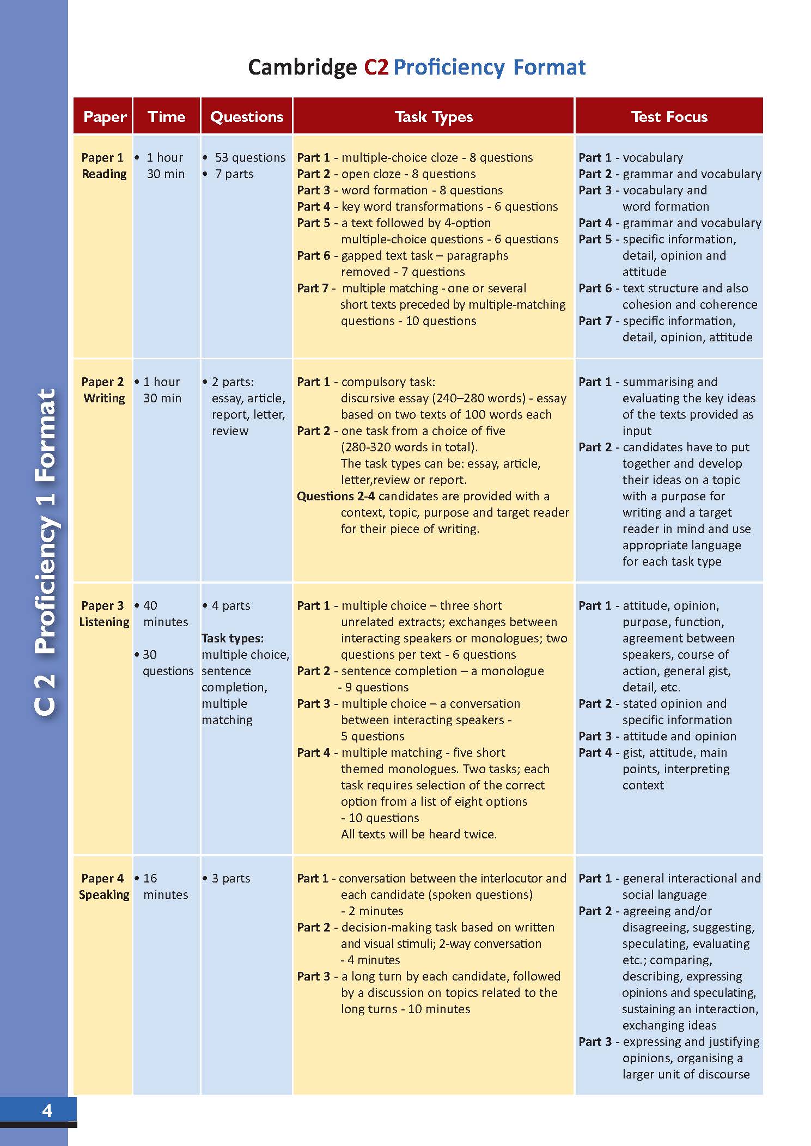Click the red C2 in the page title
tap(376, 68)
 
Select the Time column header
tap(166, 117)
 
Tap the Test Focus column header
tap(669, 117)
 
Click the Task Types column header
tap(434, 117)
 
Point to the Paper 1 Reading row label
tap(103, 166)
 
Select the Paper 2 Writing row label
tap(103, 390)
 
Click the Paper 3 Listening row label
tap(103, 614)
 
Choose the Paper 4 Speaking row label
tap(103, 886)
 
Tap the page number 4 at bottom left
tap(47, 1110)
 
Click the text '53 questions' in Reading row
tap(249, 157)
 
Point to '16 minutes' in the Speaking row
tap(164, 886)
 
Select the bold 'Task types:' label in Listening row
tap(233, 638)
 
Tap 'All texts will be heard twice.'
tap(418, 834)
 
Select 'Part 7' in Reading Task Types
tap(313, 288)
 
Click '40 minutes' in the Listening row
tap(164, 614)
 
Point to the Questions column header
tap(247, 117)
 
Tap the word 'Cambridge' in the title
tap(302, 68)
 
